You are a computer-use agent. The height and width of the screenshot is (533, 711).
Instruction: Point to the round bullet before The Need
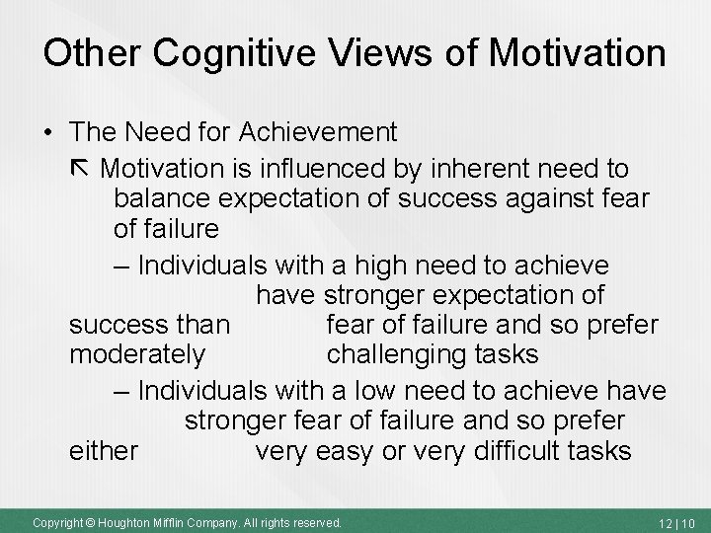(48, 132)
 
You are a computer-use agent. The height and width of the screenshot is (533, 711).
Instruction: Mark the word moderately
(137, 352)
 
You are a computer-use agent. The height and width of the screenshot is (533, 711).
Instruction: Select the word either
(104, 451)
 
